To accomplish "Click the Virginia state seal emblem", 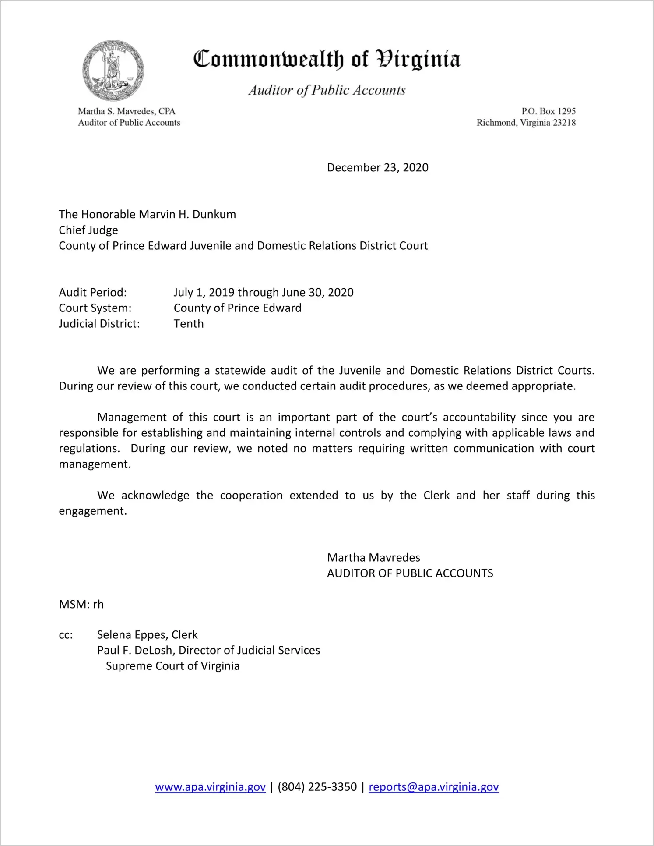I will point(113,71).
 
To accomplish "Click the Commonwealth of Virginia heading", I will point(327,59).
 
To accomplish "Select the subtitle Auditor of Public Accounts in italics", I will point(327,90).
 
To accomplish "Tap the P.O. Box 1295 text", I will point(548,111).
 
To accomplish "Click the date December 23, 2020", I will point(377,168).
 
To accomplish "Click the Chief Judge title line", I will point(88,230).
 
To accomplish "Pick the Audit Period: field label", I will point(93,292).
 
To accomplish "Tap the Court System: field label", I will point(95,308).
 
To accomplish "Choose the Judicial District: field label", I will point(99,324).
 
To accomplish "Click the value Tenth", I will point(189,324).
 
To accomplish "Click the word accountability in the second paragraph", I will point(479,417).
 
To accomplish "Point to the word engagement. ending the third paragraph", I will point(93,511).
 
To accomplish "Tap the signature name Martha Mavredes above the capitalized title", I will point(373,558).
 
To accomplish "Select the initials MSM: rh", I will point(81,605).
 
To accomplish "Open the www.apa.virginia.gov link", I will point(210,787).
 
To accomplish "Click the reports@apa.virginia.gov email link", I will point(433,787).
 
